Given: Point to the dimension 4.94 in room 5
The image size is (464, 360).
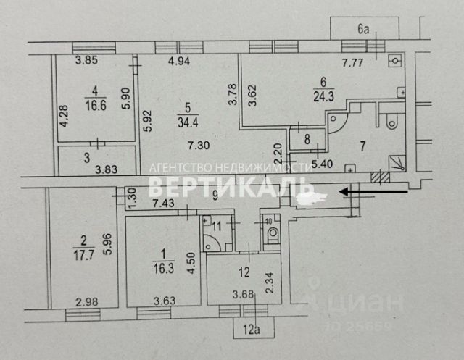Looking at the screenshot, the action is [x=180, y=62].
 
